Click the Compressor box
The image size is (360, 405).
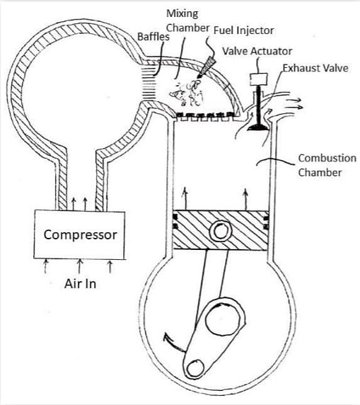pyautogui.click(x=79, y=235)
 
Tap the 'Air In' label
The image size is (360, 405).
pyautogui.click(x=80, y=284)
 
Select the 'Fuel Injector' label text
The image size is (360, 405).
pyautogui.click(x=243, y=30)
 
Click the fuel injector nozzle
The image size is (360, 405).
pyautogui.click(x=206, y=67)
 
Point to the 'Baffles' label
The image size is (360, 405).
pyautogui.click(x=153, y=37)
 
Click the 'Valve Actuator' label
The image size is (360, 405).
pyautogui.click(x=257, y=51)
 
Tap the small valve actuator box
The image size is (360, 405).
pyautogui.click(x=259, y=79)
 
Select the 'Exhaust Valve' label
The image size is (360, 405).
pyautogui.click(x=315, y=68)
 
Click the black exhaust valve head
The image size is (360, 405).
pyautogui.click(x=258, y=127)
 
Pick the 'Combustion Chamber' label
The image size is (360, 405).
pyautogui.click(x=327, y=165)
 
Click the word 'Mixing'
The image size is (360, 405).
pyautogui.click(x=182, y=14)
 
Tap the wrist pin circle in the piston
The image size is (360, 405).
pyautogui.click(x=221, y=231)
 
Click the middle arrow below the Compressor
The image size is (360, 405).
pyautogui.click(x=79, y=266)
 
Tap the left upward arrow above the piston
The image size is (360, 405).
pyautogui.click(x=185, y=198)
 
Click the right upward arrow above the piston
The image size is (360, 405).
pyautogui.click(x=245, y=200)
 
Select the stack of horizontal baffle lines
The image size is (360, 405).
pyautogui.click(x=150, y=84)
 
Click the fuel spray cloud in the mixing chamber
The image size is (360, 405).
pyautogui.click(x=186, y=93)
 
